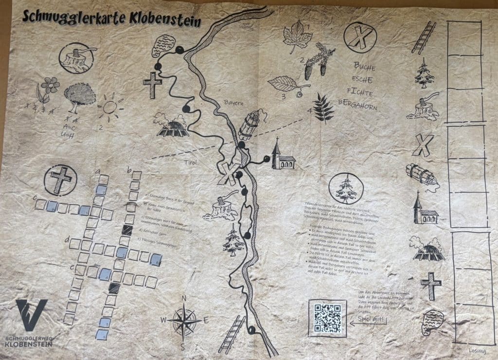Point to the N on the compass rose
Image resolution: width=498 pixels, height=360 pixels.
(x=184, y=299)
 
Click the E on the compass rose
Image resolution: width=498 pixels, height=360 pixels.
(x=206, y=320)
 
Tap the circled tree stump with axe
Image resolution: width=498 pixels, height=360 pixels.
(x=76, y=57)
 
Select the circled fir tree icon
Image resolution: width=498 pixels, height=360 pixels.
(x=345, y=188)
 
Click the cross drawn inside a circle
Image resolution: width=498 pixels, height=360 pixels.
(x=60, y=179)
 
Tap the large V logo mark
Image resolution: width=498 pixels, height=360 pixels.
(x=32, y=315)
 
